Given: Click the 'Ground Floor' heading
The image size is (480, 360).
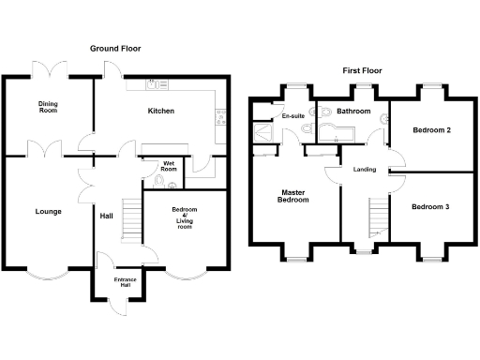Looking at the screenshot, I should (116, 48).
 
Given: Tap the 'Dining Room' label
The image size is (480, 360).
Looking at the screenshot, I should (48, 107).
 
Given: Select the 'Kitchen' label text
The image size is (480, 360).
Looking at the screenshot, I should (161, 111).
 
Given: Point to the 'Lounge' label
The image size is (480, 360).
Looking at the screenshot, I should (48, 211).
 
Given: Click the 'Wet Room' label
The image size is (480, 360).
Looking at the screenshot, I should (169, 167).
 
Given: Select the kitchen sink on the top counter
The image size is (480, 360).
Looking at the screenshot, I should (154, 85).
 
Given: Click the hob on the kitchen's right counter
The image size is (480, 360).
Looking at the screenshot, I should (221, 117).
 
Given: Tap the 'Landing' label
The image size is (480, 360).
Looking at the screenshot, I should (365, 170).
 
